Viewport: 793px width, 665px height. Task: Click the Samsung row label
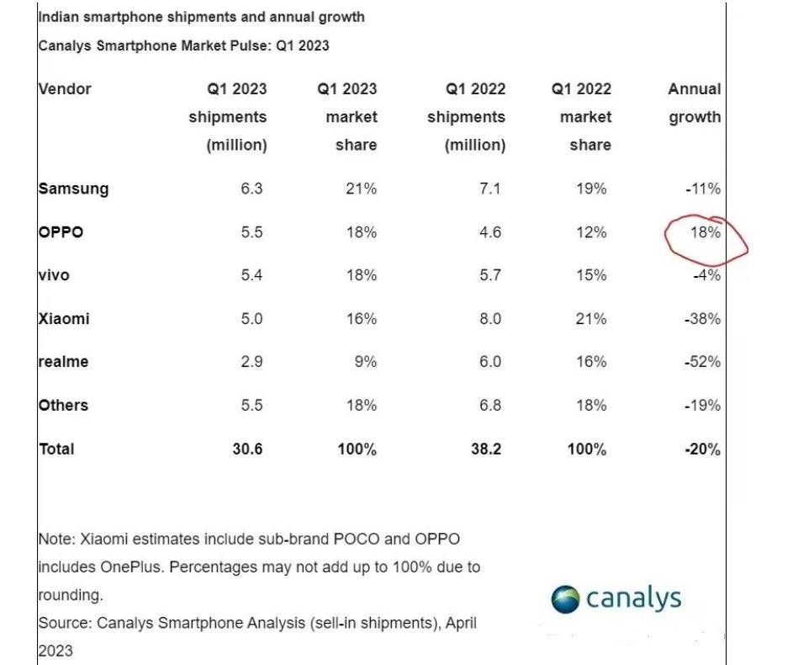click(74, 189)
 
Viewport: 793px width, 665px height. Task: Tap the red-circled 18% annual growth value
click(705, 232)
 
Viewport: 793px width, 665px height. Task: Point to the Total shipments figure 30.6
click(247, 450)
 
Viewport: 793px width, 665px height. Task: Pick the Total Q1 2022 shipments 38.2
click(485, 450)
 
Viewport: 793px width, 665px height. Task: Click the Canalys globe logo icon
click(565, 599)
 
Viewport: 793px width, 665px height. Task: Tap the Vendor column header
click(65, 88)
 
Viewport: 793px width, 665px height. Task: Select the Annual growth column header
click(695, 103)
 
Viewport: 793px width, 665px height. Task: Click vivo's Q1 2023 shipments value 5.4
click(250, 275)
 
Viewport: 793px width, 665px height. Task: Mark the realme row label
click(64, 362)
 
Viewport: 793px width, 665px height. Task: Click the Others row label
click(63, 406)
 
